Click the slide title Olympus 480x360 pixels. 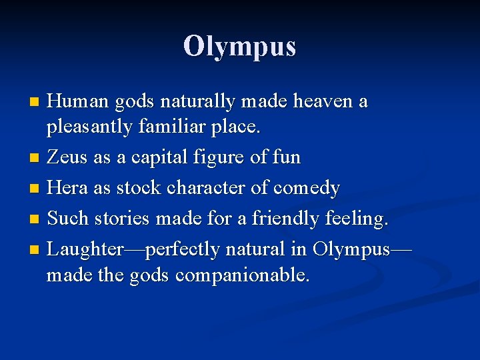point(239,46)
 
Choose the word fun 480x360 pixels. point(287,157)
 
